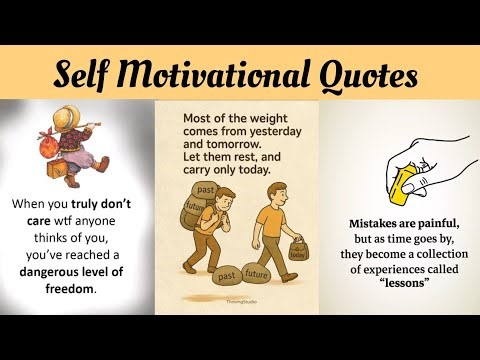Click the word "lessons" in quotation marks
[x=398, y=282]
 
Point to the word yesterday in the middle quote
[x=272, y=131]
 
